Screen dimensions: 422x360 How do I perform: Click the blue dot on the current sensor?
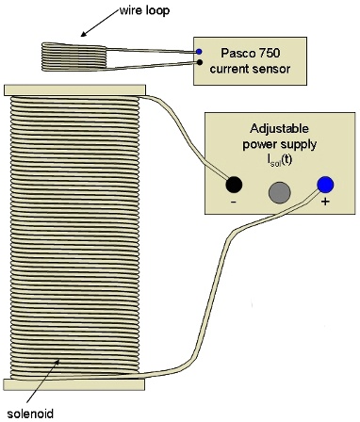tap(198, 51)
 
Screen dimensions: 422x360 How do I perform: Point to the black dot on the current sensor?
tap(198, 63)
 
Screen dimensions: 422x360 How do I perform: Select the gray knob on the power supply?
tap(279, 192)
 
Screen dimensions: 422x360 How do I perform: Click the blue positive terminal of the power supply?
tap(325, 186)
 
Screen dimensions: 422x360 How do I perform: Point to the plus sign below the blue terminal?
tap(325, 204)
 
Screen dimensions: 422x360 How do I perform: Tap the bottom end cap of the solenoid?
tap(74, 383)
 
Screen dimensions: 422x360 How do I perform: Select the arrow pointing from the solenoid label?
tap(47, 382)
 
